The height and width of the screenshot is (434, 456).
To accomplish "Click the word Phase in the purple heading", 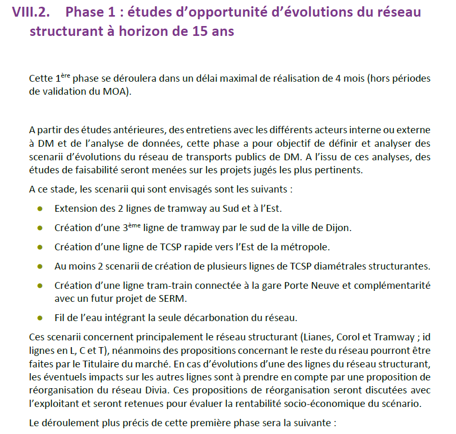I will [x=86, y=12].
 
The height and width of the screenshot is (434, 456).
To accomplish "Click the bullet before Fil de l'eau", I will [x=40, y=317].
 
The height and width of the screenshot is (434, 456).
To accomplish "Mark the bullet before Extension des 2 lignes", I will [x=40, y=209].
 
